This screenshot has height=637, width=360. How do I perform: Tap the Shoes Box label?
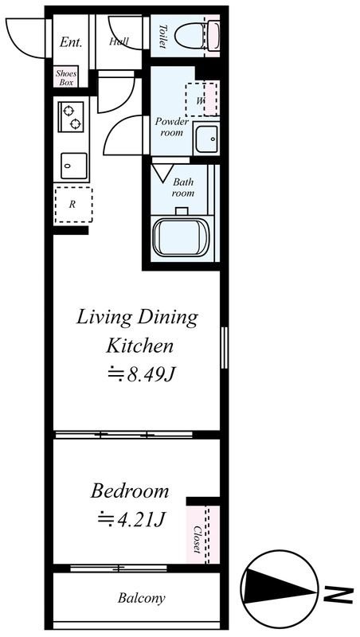66,77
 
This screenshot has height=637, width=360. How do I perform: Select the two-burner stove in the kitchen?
71,117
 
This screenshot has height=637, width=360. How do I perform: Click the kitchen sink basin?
74,166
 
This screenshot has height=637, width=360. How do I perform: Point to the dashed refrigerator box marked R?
73,205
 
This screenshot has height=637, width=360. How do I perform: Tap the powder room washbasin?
206,139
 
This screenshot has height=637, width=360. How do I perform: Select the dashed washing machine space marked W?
202,100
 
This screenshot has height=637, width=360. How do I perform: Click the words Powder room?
172,127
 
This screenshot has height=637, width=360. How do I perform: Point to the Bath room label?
183,187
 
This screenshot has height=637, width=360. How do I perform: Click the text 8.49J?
151,375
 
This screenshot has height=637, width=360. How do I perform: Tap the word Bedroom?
130,491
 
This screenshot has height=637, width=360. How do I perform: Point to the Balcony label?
142,598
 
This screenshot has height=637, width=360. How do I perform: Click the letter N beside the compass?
338,588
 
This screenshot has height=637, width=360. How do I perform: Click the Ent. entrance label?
71,42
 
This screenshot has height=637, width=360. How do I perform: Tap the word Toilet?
163,37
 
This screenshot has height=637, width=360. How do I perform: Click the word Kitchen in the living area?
139,346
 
